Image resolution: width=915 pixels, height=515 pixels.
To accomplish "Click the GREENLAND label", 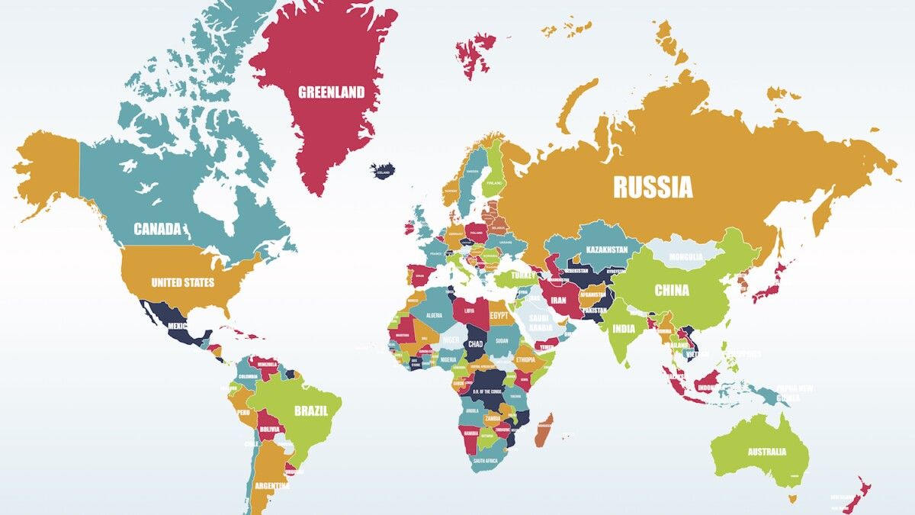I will point(331,93).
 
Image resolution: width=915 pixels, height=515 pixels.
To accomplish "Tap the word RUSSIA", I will point(653,187).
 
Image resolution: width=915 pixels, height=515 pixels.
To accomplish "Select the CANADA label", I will point(157,229).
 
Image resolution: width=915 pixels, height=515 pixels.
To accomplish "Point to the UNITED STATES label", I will point(182,282).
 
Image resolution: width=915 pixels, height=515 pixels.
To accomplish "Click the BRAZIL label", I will point(311,410).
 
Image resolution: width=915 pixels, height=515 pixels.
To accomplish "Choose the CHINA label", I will point(672,290).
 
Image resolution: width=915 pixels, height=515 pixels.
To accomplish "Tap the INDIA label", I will point(623,329).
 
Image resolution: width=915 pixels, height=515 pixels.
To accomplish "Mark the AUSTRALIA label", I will point(766,452).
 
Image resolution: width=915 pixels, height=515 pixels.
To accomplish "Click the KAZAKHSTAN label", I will point(607,249).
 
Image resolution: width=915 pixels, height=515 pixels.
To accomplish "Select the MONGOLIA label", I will point(685,257).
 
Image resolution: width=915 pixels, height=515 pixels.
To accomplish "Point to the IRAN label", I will point(559,300).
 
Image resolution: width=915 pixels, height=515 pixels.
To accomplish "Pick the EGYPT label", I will point(499,315).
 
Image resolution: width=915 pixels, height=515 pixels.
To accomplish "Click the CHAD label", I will point(476,344).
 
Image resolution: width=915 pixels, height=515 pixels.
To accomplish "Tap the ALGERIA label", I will point(433,315).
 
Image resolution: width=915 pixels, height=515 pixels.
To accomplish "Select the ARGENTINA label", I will point(272,485).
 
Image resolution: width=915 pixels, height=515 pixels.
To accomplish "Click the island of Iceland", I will point(384,170).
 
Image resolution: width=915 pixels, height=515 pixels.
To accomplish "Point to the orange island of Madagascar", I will point(544,431).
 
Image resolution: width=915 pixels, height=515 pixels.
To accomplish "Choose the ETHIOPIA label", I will point(525,359).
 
